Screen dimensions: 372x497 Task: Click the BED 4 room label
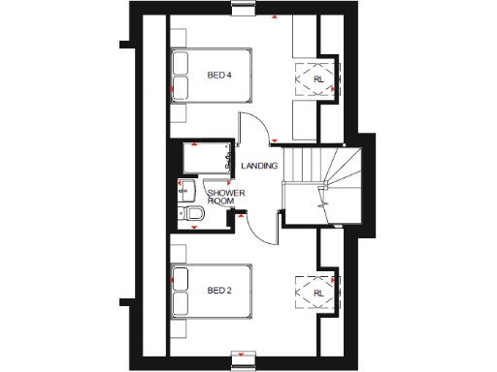click(x=220, y=75)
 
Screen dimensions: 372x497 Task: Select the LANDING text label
click(x=260, y=166)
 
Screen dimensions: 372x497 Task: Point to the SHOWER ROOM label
click(x=225, y=197)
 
